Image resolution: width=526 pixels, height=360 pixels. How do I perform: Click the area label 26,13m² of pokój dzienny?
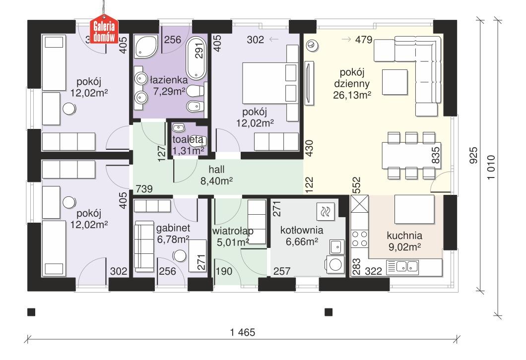[x=352, y=94]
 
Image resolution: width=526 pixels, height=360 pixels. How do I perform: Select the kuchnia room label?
[x=405, y=236]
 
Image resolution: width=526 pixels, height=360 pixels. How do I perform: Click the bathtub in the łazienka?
[x=197, y=59]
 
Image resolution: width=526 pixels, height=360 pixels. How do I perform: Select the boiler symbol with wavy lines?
[x=325, y=212]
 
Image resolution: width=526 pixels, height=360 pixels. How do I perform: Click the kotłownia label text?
[x=302, y=230]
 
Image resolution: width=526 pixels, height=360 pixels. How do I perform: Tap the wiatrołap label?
[x=233, y=231]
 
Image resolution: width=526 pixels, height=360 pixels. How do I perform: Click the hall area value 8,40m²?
[x=217, y=181]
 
